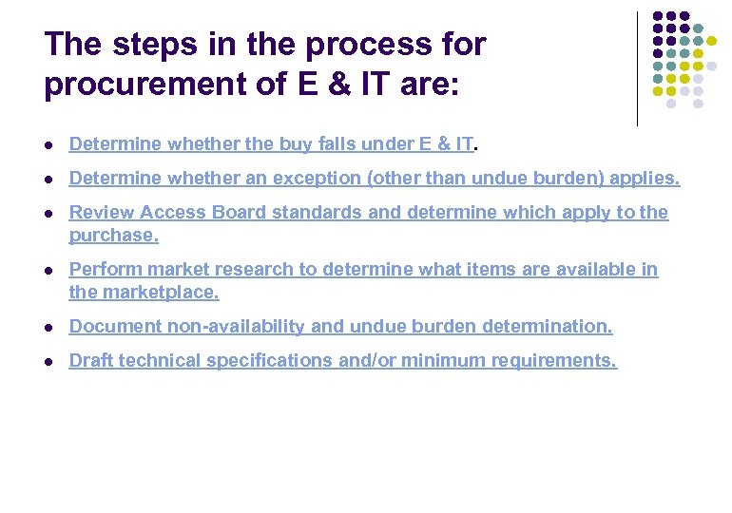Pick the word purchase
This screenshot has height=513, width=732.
tap(113, 236)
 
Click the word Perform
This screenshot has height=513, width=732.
tap(104, 270)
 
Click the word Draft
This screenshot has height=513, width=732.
tap(90, 361)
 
